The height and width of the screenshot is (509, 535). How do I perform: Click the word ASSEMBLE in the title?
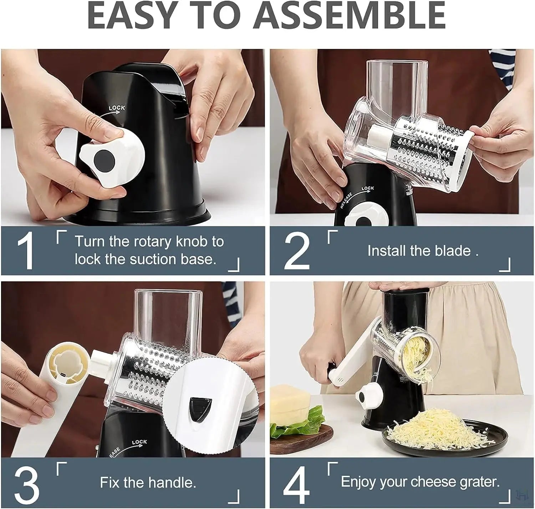tap(351, 16)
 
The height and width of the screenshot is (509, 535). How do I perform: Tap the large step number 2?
tap(297, 250)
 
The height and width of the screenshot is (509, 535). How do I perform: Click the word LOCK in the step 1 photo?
tap(117, 108)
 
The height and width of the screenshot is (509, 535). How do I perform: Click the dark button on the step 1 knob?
tap(104, 158)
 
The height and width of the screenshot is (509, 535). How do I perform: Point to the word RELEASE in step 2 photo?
tap(346, 201)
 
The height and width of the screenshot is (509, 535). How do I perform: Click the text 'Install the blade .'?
tap(423, 251)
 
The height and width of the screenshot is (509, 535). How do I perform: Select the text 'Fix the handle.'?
tap(148, 482)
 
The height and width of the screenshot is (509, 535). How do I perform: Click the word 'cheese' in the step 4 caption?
tap(433, 482)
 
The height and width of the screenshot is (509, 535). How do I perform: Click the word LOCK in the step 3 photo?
tap(139, 442)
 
